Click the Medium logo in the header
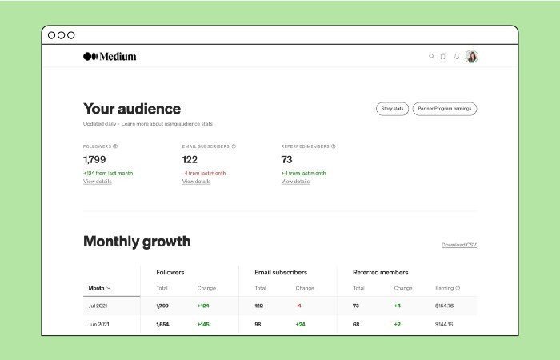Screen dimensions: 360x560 [x=110, y=57]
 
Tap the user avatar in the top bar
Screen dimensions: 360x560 [x=471, y=57]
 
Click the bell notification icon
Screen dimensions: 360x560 [x=457, y=57]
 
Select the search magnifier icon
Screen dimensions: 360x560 [x=432, y=57]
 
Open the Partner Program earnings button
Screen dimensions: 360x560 [x=445, y=109]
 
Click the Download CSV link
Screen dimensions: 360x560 [x=459, y=245]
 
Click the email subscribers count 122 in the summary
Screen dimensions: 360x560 [x=190, y=160]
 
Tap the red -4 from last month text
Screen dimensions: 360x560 [x=204, y=173]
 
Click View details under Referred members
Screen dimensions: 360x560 [x=295, y=182]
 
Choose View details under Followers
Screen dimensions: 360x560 [x=98, y=182]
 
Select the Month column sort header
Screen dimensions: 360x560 [x=100, y=288]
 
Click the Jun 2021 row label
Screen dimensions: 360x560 [x=98, y=324]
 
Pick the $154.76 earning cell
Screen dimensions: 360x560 [x=444, y=306]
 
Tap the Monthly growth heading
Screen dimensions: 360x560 [x=137, y=242]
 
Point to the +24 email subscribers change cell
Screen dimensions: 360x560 [x=300, y=324]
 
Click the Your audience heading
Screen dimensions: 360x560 [x=132, y=109]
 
